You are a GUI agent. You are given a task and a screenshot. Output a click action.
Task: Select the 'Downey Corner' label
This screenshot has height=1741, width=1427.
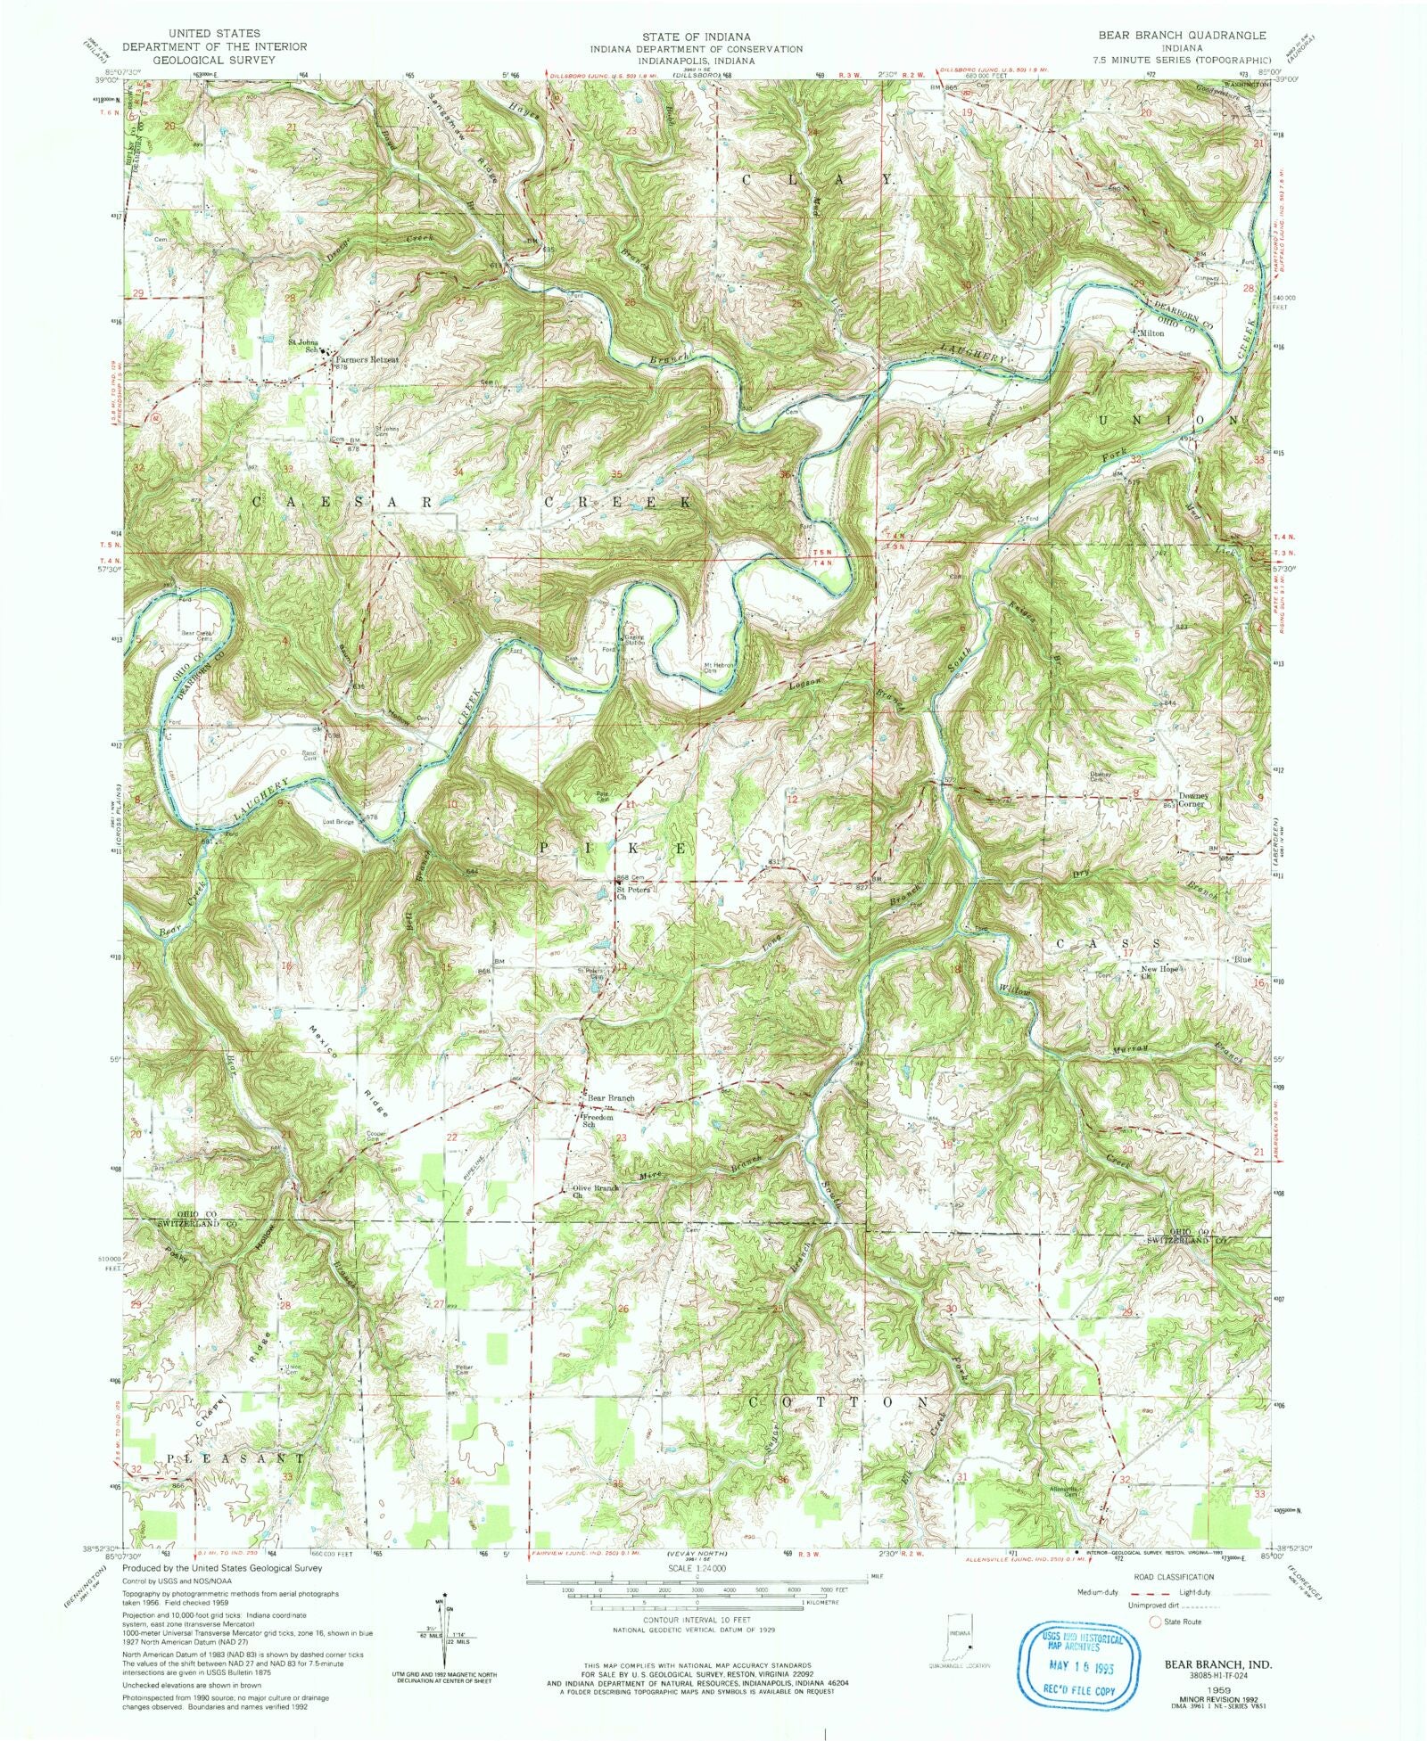[x=1192, y=799]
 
